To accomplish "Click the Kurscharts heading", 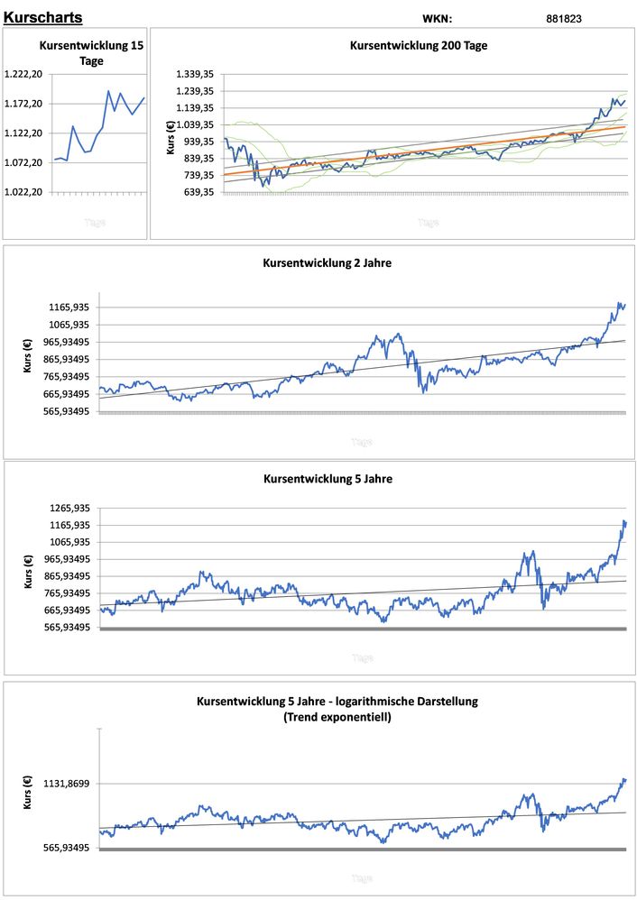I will pos(43,17).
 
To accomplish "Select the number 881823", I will pos(565,18).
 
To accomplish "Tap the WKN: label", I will pos(438,18).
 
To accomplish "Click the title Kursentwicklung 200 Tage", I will pos(419,46).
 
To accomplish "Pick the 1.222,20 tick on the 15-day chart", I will pos(23,74).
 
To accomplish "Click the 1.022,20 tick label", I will pos(23,192).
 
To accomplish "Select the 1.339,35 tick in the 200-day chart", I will pos(195,74).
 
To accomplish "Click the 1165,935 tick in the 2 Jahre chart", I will pos(69,308).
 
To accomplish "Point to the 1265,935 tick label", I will pos(69,509).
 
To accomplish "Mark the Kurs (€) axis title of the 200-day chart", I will pos(171,134).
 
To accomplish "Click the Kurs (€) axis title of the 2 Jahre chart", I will pos(28,357).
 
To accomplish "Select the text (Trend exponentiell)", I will pos(337,717).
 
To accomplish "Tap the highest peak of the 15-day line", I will pos(108,90).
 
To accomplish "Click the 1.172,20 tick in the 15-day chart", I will pos(23,104).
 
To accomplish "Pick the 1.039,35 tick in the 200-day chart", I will pos(195,124).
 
